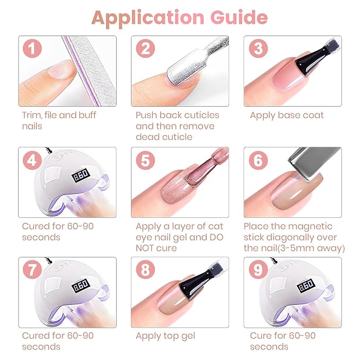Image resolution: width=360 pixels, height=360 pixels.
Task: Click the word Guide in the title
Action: pos(239,17)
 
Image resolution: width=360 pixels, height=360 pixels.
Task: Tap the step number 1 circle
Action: pos(32,48)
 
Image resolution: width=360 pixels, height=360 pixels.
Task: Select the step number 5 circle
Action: pos(145,160)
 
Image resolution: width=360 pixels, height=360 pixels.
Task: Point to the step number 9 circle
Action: pos(258,269)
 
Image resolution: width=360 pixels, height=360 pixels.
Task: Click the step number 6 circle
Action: pos(258,160)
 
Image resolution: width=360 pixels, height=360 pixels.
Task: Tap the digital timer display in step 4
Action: pos(81,175)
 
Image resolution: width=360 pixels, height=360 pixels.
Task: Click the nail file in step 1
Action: pos(90,71)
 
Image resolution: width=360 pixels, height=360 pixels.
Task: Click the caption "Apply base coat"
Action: pos(287,116)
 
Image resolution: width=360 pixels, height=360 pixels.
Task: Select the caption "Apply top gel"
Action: pos(165,336)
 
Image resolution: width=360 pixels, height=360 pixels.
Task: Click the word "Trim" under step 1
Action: pos(32,115)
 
